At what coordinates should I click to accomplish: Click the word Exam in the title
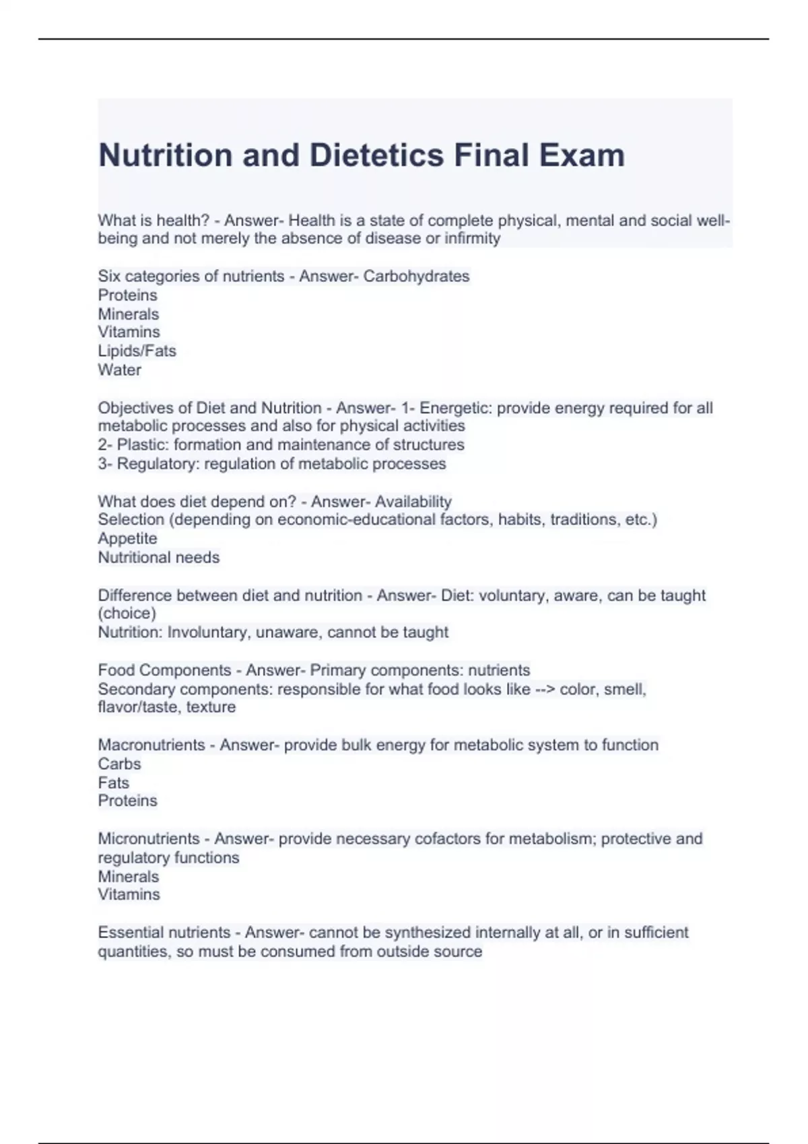[x=581, y=155]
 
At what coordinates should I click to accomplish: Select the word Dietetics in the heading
[x=376, y=155]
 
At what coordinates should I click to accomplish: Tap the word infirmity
[x=472, y=239]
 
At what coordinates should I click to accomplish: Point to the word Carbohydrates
[x=416, y=277]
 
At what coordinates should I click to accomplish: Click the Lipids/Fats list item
[x=137, y=351]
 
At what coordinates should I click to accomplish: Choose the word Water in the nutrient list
[x=120, y=370]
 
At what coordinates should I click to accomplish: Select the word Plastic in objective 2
[x=143, y=445]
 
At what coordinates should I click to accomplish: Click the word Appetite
[x=127, y=539]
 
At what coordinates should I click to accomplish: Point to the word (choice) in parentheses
[x=127, y=614]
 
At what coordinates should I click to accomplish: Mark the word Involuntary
[x=209, y=633]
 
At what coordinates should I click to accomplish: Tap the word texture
[x=211, y=707]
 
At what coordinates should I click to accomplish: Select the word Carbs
[x=119, y=764]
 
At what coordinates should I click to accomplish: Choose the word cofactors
[x=447, y=839]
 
